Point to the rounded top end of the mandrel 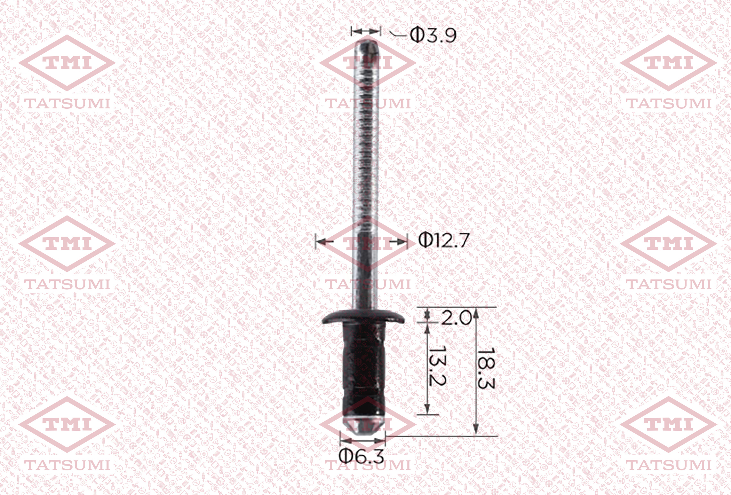tap(367, 43)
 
